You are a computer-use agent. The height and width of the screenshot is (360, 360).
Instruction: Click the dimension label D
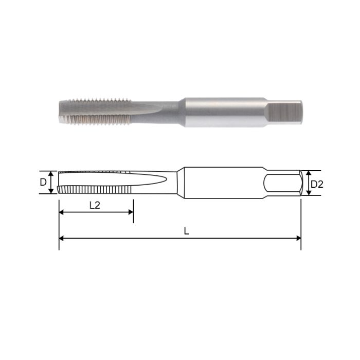point(44,182)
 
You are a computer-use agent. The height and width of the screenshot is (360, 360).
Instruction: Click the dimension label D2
point(317,184)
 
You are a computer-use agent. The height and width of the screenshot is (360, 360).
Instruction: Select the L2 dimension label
point(95,205)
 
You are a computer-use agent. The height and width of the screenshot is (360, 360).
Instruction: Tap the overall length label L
point(187,231)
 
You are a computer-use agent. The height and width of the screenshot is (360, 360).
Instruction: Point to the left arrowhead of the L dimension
point(61,238)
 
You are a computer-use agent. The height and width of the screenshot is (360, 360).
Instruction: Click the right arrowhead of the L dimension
point(299,238)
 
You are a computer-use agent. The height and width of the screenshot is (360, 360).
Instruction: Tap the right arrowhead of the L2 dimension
point(131,211)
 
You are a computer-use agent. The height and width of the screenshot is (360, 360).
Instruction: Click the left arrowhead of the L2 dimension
point(61,211)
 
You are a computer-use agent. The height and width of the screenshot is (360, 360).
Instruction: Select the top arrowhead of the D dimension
point(51,173)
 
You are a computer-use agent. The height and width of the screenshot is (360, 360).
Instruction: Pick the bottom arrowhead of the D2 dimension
point(308,193)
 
